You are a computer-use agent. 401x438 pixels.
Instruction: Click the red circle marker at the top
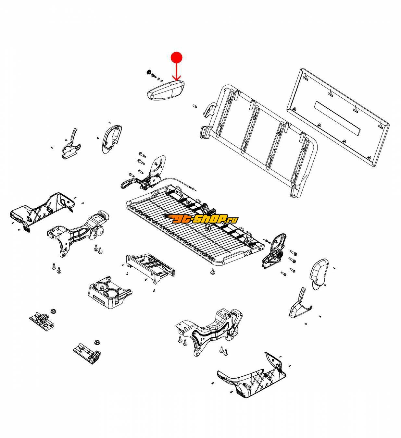tap(176, 57)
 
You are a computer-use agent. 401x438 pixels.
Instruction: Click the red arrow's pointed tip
tap(176, 80)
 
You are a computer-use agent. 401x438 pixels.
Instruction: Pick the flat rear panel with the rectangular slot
tap(337, 117)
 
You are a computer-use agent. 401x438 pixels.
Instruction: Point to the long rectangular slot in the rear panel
tap(337, 118)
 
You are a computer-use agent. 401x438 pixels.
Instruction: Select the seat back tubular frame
tap(258, 140)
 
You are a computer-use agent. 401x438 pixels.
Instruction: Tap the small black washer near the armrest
tap(149, 72)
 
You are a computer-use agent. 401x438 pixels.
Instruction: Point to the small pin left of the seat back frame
tap(195, 106)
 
